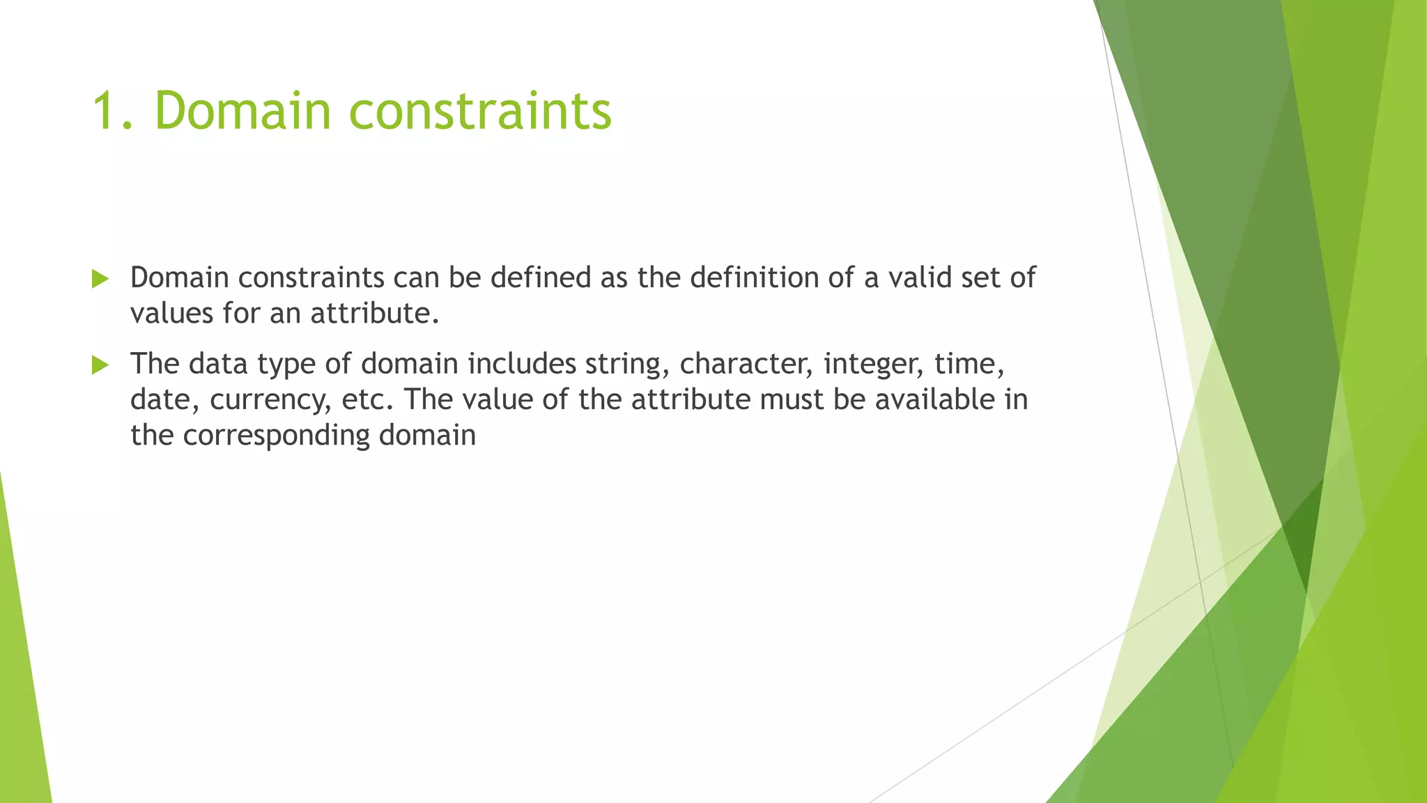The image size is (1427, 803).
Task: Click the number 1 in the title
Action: (105, 112)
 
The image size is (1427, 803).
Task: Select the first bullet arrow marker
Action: (100, 280)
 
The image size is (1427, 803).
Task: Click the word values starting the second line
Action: (171, 314)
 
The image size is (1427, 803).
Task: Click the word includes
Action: (521, 365)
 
